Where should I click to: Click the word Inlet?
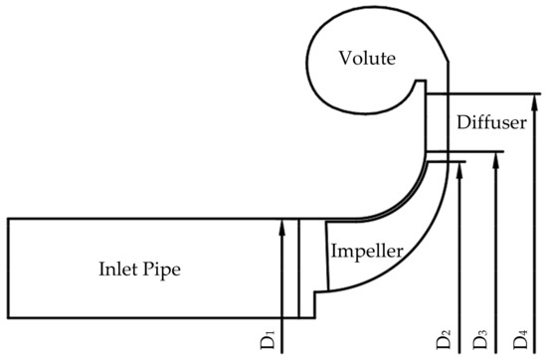pos(120,269)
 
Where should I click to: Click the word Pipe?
pos(165,270)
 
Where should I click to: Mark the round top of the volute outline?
pos(358,22)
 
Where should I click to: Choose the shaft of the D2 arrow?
pos(459,249)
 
